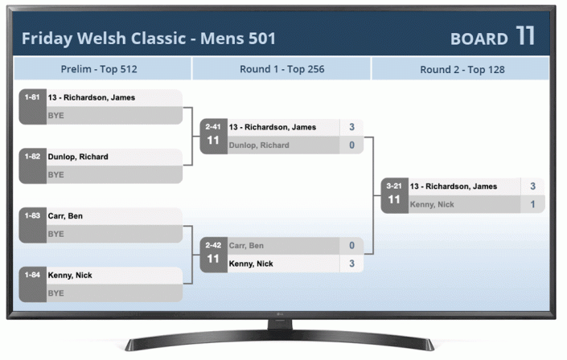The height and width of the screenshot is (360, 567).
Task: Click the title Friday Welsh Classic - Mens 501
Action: coord(149,39)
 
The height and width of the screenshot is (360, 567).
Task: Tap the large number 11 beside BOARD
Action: coord(526,36)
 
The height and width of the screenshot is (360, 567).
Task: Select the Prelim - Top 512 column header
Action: coord(99,69)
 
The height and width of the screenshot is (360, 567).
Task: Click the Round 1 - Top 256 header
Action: coord(281,69)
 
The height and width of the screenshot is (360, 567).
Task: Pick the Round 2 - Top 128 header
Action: coord(462,69)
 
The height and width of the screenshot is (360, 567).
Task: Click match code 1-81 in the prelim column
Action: coord(32,97)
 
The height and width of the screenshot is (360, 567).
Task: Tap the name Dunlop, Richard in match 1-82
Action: coord(78,157)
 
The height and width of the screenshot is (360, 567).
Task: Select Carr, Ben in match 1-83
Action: coord(65,216)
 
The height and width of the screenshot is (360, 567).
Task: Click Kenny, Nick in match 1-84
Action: coord(70,276)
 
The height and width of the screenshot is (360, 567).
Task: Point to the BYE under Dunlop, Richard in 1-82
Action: coord(56,174)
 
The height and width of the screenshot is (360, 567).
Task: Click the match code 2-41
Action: coord(213,126)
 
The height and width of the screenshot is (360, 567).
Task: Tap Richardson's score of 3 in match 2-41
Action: coord(351,127)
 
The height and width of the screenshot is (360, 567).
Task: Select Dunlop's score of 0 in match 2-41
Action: coord(351,145)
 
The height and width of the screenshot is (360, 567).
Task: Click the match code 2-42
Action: coord(213,245)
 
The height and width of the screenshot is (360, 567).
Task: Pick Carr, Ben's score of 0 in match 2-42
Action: coord(351,245)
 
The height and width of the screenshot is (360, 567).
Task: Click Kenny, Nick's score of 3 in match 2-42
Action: coord(351,264)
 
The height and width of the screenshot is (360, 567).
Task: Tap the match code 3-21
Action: coord(394,186)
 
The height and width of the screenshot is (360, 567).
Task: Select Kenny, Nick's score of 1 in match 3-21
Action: coord(532,205)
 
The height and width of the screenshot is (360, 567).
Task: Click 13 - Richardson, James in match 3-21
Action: coord(454,186)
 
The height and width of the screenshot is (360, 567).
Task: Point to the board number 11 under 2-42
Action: coord(213,259)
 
